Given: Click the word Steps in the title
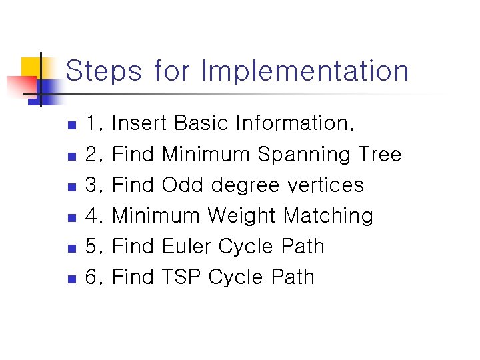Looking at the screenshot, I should tap(103, 71).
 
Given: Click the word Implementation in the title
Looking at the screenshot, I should tap(305, 71).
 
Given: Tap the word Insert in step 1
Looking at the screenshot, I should tap(139, 123).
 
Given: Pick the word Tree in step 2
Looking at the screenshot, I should tap(379, 155).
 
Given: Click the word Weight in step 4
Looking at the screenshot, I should tap(241, 215).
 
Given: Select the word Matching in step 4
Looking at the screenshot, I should tap(328, 216).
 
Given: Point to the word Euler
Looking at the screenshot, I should tap(183, 246).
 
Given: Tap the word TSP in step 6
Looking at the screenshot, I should tap(182, 277).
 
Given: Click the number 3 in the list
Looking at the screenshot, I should tap(92, 185).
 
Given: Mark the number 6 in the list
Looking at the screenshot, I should tap(92, 277).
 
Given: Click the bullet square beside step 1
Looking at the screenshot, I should tap(73, 125).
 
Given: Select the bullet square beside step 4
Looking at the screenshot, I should tap(73, 217).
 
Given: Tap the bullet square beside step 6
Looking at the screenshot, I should tap(73, 279).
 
